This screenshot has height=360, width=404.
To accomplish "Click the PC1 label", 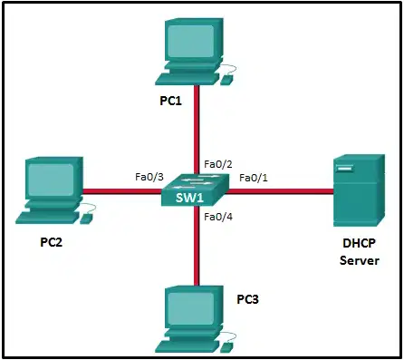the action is click(171, 101).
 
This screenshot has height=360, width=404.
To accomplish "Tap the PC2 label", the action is click(52, 242).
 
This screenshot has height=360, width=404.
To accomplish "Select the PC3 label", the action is click(247, 299).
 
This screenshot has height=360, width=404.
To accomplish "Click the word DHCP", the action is click(359, 243).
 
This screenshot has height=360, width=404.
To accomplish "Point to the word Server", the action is click(360, 260).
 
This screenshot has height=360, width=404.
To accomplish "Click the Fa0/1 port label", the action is click(254, 178).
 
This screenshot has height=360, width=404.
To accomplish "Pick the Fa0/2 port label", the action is click(218, 164).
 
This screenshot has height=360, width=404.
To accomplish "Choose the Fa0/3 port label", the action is click(149, 177).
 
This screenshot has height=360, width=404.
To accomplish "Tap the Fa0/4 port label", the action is click(218, 217).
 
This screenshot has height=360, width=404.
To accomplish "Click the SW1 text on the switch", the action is click(189, 198).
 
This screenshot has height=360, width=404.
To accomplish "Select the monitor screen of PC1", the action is click(191, 41).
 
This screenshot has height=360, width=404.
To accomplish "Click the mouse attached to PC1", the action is click(226, 80).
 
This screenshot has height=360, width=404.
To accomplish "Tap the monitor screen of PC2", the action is click(51, 180).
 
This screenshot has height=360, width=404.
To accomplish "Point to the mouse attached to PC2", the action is click(86, 219).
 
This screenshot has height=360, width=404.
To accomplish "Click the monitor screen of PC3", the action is click(191, 307).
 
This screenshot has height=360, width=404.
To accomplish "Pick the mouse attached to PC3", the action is click(226, 347).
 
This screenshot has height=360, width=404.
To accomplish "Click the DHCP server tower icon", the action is click(359, 190).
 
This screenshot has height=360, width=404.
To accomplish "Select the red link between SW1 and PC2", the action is click(122, 191).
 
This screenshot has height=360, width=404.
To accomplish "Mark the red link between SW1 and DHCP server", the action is click(279, 191).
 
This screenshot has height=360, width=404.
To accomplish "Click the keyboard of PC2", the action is click(48, 217).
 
